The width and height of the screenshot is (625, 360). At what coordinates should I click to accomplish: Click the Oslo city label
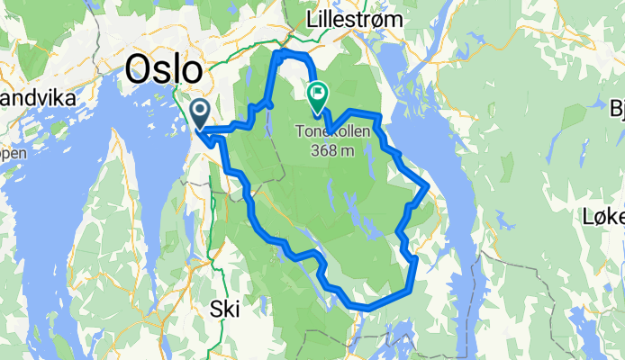coord(165,68)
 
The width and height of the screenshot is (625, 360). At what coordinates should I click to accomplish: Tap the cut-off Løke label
coord(602,216)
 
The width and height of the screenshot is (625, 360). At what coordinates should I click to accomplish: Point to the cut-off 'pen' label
coord(13,152)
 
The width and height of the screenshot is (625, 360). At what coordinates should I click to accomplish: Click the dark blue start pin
coord(200,112)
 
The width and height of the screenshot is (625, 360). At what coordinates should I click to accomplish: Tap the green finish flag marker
coord(318,94)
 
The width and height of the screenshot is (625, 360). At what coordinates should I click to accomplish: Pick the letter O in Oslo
coord(140,68)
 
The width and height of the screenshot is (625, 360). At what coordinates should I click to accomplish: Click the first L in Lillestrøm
coord(312,19)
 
